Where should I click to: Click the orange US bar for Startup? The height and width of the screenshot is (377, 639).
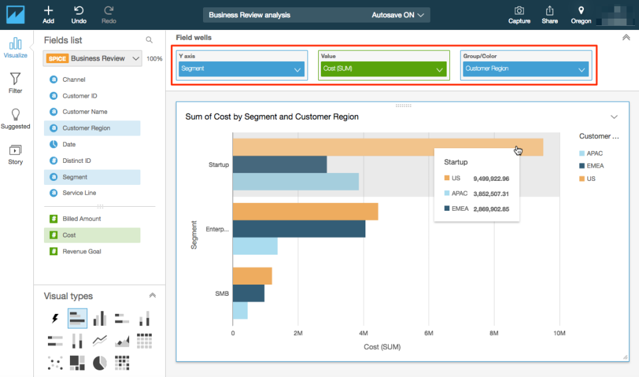333,147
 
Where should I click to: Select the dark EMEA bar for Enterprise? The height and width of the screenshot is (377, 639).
299,229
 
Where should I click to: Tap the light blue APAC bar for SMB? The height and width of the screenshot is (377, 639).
240,311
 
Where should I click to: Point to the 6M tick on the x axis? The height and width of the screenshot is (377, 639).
429,332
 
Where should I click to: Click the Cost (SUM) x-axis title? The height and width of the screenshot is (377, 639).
382,346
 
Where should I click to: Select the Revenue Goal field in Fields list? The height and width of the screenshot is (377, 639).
82,251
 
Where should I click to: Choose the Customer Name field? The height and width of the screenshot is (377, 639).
85,112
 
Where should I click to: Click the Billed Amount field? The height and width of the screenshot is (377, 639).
82,219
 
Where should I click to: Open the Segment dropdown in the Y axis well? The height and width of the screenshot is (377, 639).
241,68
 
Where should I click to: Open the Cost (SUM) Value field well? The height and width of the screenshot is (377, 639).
383,69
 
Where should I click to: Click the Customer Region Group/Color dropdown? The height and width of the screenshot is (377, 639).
525,68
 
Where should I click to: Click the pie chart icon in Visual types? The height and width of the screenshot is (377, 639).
99,362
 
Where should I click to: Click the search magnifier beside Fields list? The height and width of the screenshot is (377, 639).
149,41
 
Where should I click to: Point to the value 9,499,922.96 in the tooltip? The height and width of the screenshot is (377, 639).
491,179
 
